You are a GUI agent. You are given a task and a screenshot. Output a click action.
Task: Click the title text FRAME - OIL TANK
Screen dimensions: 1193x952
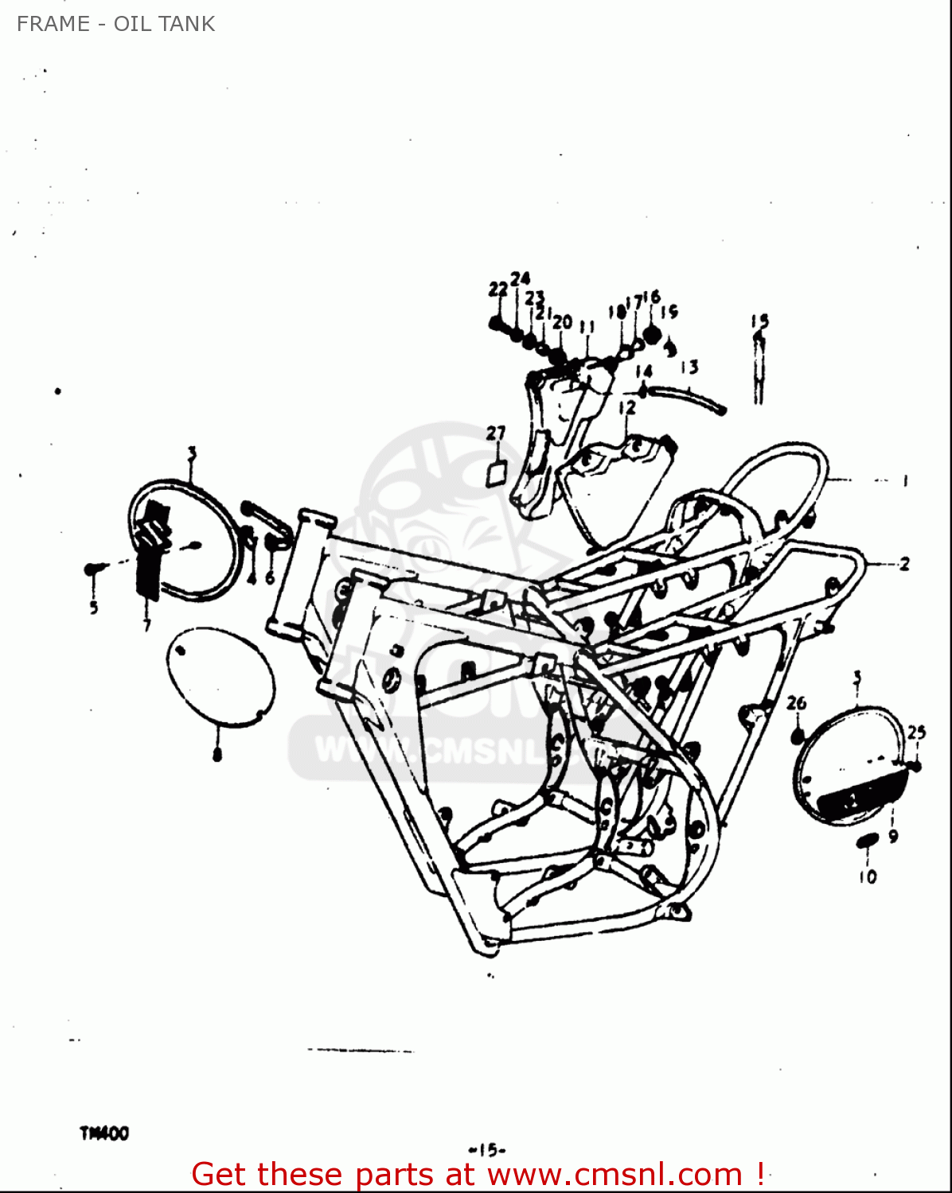[x=115, y=24]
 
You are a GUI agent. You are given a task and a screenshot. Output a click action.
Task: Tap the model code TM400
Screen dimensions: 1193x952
[x=103, y=1133]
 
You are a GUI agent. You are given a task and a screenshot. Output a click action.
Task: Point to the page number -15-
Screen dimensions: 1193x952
[x=487, y=1149]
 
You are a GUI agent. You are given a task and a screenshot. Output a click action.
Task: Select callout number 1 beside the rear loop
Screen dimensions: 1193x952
[x=905, y=480]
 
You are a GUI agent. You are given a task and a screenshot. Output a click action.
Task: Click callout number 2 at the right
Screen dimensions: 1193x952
[x=904, y=565]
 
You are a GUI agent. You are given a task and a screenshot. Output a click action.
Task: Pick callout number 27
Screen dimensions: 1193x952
[x=496, y=433]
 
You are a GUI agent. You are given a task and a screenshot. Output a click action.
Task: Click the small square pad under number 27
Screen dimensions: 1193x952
[x=496, y=474]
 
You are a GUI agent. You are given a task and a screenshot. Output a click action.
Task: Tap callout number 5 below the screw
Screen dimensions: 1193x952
[x=94, y=608]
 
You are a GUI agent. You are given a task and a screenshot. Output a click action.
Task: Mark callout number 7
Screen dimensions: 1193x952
[x=147, y=626]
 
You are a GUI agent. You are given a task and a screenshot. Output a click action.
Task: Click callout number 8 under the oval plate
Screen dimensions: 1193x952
[x=217, y=754]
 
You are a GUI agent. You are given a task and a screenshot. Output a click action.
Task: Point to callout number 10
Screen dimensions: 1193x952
[x=867, y=876]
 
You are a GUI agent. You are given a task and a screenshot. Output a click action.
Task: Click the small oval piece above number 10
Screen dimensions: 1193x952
[x=866, y=841]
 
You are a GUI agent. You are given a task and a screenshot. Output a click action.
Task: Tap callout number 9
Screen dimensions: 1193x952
[x=893, y=836]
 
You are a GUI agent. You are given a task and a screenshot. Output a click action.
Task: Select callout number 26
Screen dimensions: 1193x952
[x=796, y=703]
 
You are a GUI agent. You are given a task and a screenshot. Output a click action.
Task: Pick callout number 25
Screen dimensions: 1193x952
[x=916, y=732]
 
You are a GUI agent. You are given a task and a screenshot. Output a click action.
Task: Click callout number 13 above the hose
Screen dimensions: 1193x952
[x=689, y=367]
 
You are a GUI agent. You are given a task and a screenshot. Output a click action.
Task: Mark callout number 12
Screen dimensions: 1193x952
[x=627, y=407]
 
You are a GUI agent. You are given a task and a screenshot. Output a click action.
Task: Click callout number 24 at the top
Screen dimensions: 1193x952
[x=520, y=278]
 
